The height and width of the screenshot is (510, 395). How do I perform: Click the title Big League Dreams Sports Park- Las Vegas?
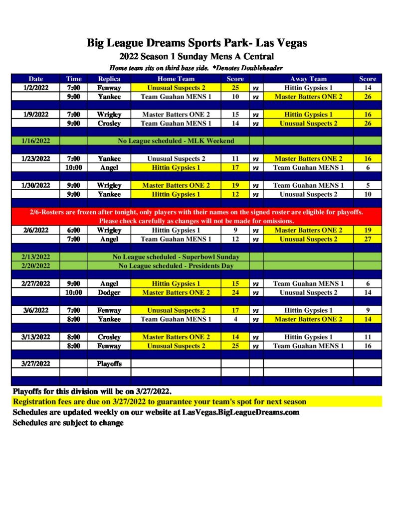(197, 43)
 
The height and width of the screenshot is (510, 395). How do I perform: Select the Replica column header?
(109, 79)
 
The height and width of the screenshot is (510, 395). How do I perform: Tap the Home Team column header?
(176, 79)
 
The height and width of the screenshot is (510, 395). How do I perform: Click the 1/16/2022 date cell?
(35, 141)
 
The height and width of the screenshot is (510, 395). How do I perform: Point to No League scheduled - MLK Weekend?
(176, 141)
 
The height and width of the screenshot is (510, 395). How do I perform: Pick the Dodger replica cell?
(109, 292)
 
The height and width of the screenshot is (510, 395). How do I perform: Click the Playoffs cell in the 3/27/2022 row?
(109, 364)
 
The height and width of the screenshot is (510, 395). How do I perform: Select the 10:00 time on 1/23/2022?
(73, 168)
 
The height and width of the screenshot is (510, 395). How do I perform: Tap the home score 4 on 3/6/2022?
(235, 319)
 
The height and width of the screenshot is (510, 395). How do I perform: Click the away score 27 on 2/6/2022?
(368, 239)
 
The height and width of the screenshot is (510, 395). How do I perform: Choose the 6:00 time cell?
(73, 230)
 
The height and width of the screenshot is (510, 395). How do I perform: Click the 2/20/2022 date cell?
(35, 266)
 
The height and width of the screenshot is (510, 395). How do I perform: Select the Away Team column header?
(308, 79)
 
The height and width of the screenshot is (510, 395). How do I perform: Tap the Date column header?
(35, 79)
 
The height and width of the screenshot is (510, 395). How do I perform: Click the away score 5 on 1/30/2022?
(368, 185)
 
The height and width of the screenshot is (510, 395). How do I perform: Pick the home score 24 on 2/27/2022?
(235, 292)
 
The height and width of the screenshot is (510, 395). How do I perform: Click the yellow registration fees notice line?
(160, 401)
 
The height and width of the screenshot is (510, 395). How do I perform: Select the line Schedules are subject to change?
(68, 423)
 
